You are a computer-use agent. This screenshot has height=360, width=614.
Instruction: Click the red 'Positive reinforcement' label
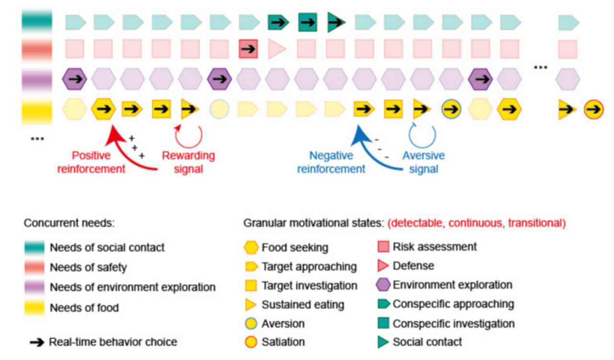coord(91,162)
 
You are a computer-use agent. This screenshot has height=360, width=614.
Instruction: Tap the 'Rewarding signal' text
coord(189,162)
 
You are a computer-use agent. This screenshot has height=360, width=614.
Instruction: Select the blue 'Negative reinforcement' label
coord(331,162)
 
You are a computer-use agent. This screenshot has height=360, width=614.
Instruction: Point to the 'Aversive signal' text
coord(424,162)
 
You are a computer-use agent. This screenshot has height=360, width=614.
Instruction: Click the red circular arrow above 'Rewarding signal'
coord(189,135)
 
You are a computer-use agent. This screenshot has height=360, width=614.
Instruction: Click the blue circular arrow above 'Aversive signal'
coord(422,135)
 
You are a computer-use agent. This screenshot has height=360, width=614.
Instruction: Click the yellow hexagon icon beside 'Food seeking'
coord(251,248)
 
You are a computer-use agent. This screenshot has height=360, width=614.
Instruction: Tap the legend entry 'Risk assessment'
coord(435,247)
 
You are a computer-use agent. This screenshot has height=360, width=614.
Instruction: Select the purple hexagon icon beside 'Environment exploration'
coord(383,285)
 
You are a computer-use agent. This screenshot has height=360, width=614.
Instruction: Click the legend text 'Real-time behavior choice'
coord(113,342)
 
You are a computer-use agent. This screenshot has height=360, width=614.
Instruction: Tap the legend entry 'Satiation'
coord(283,342)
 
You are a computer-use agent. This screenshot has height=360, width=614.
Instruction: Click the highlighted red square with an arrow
coord(248,49)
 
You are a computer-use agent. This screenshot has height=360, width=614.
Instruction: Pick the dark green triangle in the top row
coord(336,22)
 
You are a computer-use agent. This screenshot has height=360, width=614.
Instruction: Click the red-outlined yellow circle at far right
coord(593,110)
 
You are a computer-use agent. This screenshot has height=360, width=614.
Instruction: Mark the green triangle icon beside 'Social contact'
coord(383,342)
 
